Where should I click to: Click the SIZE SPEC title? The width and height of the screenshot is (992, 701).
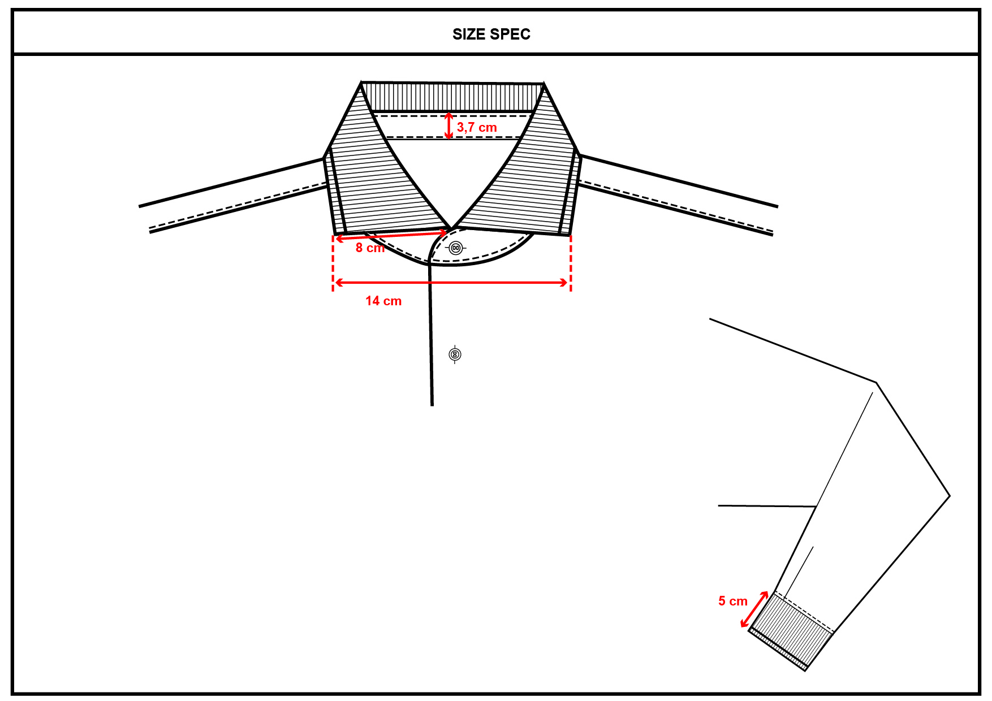click(491, 34)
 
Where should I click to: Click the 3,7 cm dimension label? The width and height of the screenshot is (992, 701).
click(476, 128)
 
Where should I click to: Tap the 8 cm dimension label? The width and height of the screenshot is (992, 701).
click(369, 248)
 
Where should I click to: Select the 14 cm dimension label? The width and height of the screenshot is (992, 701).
click(383, 301)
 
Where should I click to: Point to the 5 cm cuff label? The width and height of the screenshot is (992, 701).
click(732, 601)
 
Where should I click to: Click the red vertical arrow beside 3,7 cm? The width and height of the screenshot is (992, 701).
click(448, 126)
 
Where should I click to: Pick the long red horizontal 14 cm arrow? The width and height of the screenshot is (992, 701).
click(451, 282)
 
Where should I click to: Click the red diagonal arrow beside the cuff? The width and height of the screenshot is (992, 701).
click(754, 609)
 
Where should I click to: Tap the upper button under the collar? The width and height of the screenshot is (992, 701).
click(456, 248)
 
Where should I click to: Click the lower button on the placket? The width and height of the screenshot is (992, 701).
click(455, 354)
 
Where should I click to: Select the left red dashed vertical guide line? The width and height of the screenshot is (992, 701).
click(333, 263)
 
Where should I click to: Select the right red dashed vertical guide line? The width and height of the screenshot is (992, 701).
click(571, 263)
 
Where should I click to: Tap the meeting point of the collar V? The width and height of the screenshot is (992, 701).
click(452, 228)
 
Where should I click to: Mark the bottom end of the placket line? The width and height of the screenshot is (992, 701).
click(432, 405)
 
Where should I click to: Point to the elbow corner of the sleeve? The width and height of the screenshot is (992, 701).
click(949, 496)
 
